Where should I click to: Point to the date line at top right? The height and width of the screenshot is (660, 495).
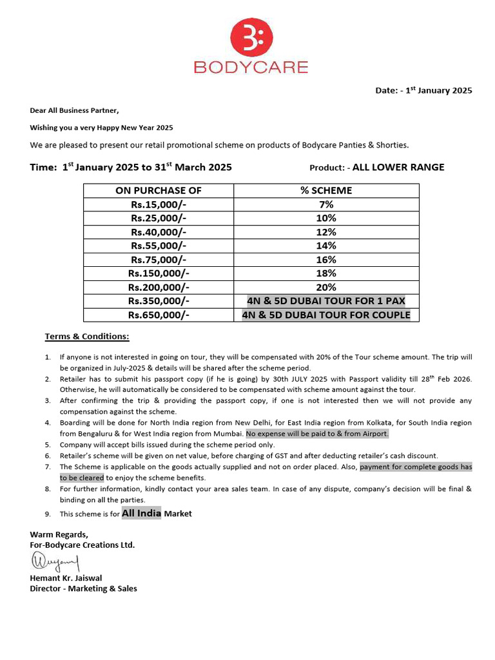423,90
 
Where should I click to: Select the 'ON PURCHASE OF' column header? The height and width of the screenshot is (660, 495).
159,190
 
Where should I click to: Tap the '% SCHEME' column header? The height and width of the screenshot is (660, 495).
326,190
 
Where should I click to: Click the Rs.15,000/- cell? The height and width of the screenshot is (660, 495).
159,204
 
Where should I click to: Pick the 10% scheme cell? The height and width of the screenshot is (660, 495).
326,218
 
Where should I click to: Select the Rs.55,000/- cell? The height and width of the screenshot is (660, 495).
159,246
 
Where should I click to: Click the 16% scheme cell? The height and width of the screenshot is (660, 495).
326,259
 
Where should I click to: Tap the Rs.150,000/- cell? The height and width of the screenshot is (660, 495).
159,273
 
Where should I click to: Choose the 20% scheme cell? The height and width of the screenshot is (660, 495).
326,287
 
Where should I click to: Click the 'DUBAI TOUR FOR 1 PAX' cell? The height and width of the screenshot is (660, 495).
326,301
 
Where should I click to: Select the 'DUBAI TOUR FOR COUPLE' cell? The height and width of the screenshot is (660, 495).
326,315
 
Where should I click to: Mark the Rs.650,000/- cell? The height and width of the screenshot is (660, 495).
159,315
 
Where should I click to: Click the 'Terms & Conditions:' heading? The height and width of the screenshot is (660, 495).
86,336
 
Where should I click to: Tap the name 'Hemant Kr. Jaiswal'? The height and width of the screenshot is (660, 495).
66,578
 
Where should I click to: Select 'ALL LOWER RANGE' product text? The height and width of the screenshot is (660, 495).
398,168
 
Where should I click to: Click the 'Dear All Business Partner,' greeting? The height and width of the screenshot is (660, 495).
75,110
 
